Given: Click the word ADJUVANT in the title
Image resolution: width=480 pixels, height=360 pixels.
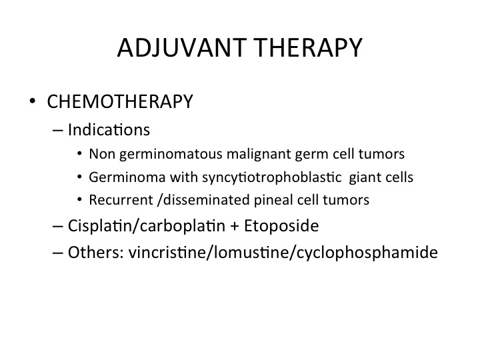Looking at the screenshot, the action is click(x=182, y=48).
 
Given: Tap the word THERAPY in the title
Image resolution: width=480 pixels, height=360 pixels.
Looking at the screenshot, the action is click(x=309, y=47).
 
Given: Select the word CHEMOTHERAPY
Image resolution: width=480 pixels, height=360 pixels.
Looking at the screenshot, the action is click(x=120, y=101).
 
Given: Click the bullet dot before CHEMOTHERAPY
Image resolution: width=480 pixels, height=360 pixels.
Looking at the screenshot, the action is click(x=33, y=101).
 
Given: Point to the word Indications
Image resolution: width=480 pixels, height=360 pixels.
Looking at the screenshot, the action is click(x=109, y=129).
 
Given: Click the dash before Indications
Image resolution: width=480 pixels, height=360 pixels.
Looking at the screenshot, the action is click(x=58, y=131).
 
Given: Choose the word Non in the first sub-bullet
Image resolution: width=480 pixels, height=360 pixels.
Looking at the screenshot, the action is click(x=102, y=154).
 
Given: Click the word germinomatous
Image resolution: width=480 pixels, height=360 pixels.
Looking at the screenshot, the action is click(x=171, y=154).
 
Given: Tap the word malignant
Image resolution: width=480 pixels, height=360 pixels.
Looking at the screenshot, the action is click(x=259, y=154).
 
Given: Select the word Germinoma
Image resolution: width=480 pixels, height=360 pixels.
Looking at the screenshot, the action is click(x=127, y=177).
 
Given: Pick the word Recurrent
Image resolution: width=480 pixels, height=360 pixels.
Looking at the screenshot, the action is click(x=121, y=200).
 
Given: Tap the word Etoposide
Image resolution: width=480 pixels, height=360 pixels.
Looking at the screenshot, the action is click(x=281, y=226).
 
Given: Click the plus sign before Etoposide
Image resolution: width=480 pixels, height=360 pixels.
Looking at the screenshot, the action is click(x=234, y=227).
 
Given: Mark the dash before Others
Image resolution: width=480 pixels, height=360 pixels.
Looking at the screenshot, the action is click(x=58, y=253).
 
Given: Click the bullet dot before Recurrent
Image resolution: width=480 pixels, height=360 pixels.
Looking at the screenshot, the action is click(x=79, y=199).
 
